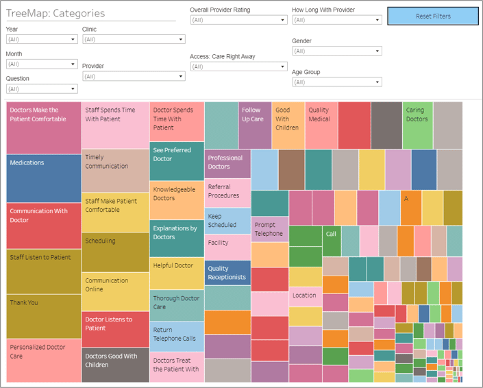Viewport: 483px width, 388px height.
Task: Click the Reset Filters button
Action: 432,16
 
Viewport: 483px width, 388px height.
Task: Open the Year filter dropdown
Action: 41,40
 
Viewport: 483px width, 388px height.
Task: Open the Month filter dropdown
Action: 41,64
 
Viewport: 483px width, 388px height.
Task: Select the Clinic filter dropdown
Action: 133,40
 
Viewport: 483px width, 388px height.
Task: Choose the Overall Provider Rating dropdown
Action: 238,21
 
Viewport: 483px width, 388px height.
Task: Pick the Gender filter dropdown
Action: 336,51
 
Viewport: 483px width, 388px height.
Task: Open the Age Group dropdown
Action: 336,82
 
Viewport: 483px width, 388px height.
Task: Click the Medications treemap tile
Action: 44,178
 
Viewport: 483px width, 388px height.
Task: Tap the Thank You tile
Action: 44,316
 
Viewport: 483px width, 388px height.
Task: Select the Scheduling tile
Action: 115,252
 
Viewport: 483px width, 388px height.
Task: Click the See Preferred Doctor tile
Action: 177,160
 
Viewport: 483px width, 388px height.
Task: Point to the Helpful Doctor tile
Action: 177,273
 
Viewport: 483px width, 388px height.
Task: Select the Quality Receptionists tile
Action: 228,273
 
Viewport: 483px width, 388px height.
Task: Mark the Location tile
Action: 305,296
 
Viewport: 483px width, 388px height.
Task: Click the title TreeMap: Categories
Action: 55,13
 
